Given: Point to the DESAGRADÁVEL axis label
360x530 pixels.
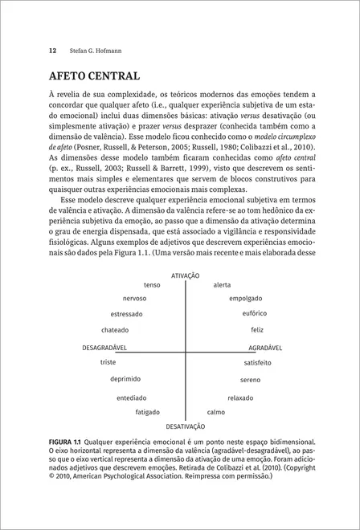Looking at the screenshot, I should pyautogui.click(x=107, y=349).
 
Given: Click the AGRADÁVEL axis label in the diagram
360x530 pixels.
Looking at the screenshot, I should pyautogui.click(x=264, y=349).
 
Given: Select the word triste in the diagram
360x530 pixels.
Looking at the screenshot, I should pyautogui.click(x=108, y=362).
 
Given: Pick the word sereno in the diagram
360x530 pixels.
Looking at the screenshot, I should pyautogui.click(x=250, y=379).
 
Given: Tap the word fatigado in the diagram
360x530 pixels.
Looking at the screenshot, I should pyautogui.click(x=147, y=412).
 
